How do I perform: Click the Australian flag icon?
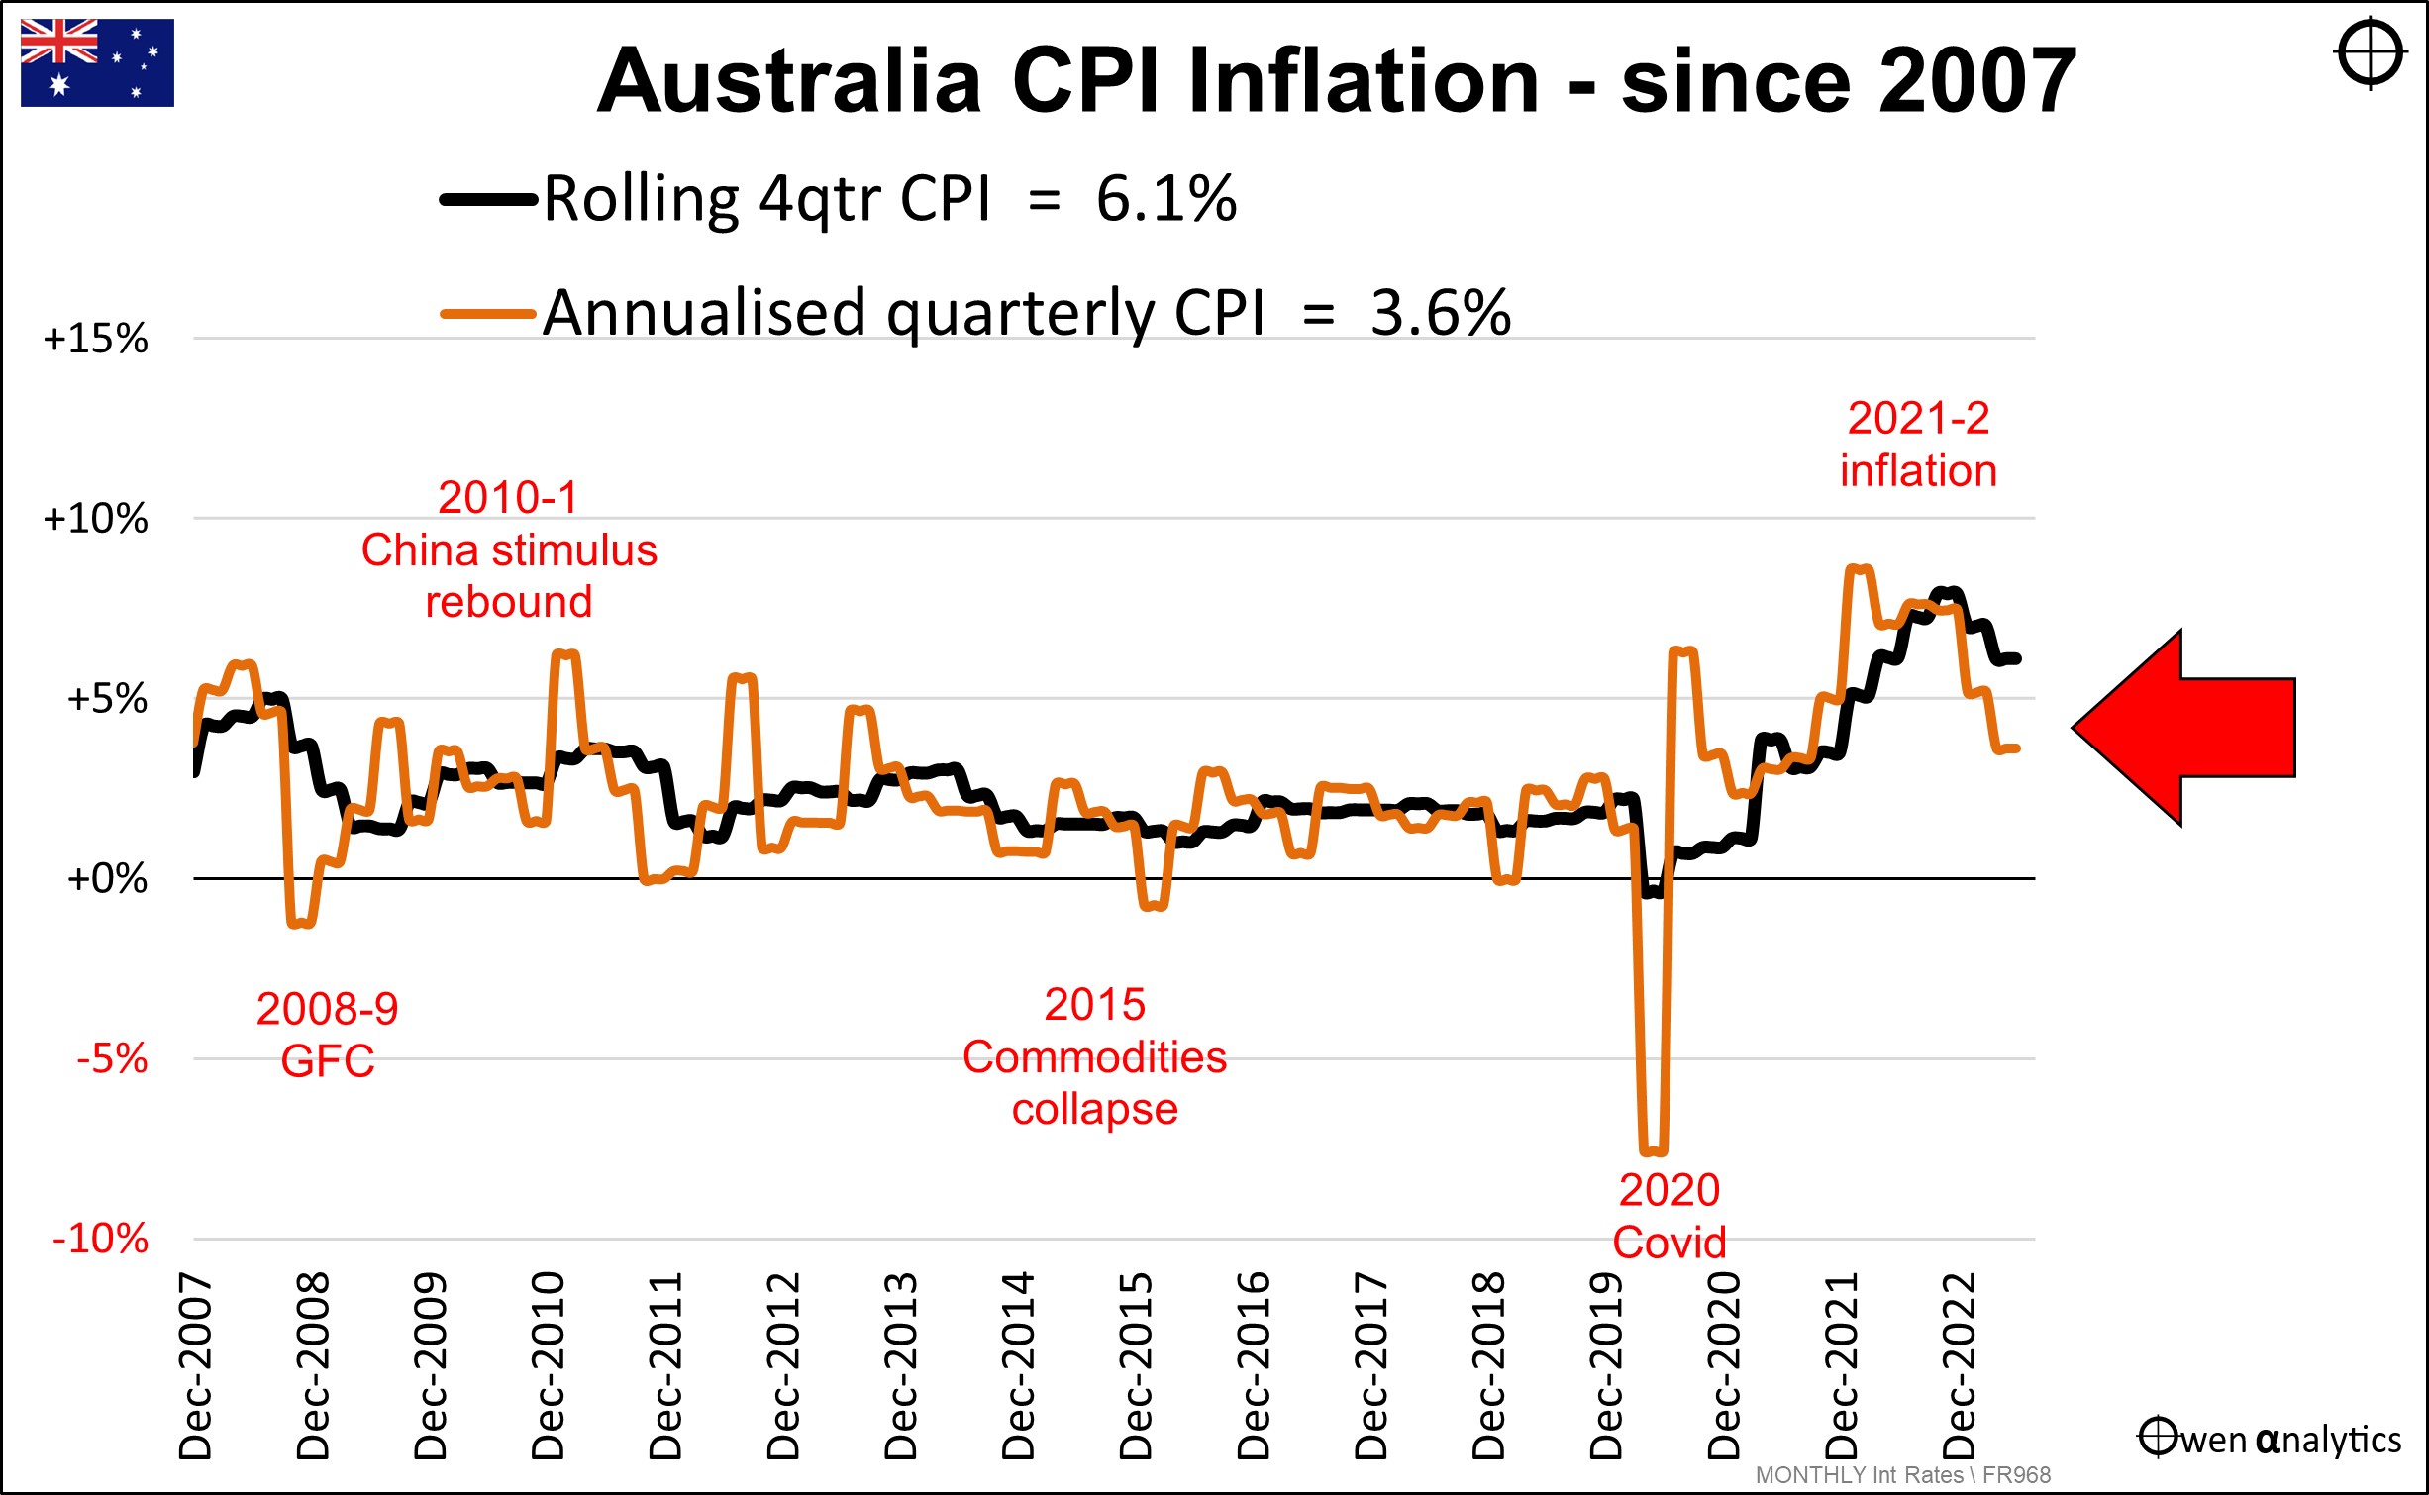[x=97, y=62]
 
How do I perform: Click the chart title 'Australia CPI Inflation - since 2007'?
[x=1336, y=81]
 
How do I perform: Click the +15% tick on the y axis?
[x=95, y=339]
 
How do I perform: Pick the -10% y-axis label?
[x=100, y=1239]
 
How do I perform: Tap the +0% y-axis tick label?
[x=106, y=878]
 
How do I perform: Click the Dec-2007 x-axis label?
[x=196, y=1366]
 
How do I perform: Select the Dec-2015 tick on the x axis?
[x=1137, y=1366]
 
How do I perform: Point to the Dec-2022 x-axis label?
[x=1960, y=1366]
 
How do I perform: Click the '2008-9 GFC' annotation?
[x=328, y=1035]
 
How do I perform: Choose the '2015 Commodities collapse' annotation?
[x=1094, y=1056]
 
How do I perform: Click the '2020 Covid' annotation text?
[x=1670, y=1216]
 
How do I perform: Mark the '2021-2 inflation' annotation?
[x=1918, y=445]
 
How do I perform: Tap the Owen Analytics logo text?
[x=2270, y=1439]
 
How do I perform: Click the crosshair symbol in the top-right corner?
[x=2370, y=52]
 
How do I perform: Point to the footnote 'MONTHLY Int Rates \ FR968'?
[x=1902, y=1475]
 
